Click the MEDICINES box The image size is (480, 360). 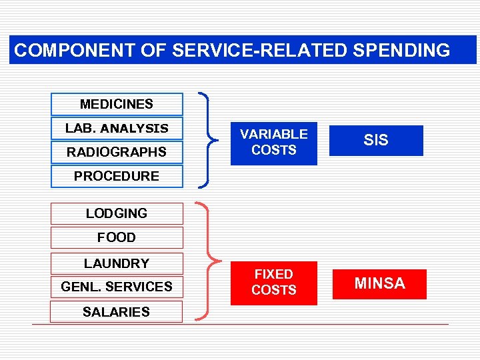117,105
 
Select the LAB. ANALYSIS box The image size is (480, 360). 117,128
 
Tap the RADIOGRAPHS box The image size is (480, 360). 117,152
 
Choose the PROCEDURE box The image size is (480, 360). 117,176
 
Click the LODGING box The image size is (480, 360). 117,213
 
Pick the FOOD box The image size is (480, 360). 117,237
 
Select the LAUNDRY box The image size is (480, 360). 117,263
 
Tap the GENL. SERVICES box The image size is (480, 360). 117,287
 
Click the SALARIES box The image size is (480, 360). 117,311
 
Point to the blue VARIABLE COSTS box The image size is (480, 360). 274,143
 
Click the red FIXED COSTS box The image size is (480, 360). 274,283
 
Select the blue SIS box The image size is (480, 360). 376,141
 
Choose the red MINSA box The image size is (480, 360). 379,283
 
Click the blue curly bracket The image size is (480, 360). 209,140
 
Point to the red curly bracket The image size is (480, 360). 209,261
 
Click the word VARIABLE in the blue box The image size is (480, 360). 274,134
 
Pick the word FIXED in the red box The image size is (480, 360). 274,274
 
